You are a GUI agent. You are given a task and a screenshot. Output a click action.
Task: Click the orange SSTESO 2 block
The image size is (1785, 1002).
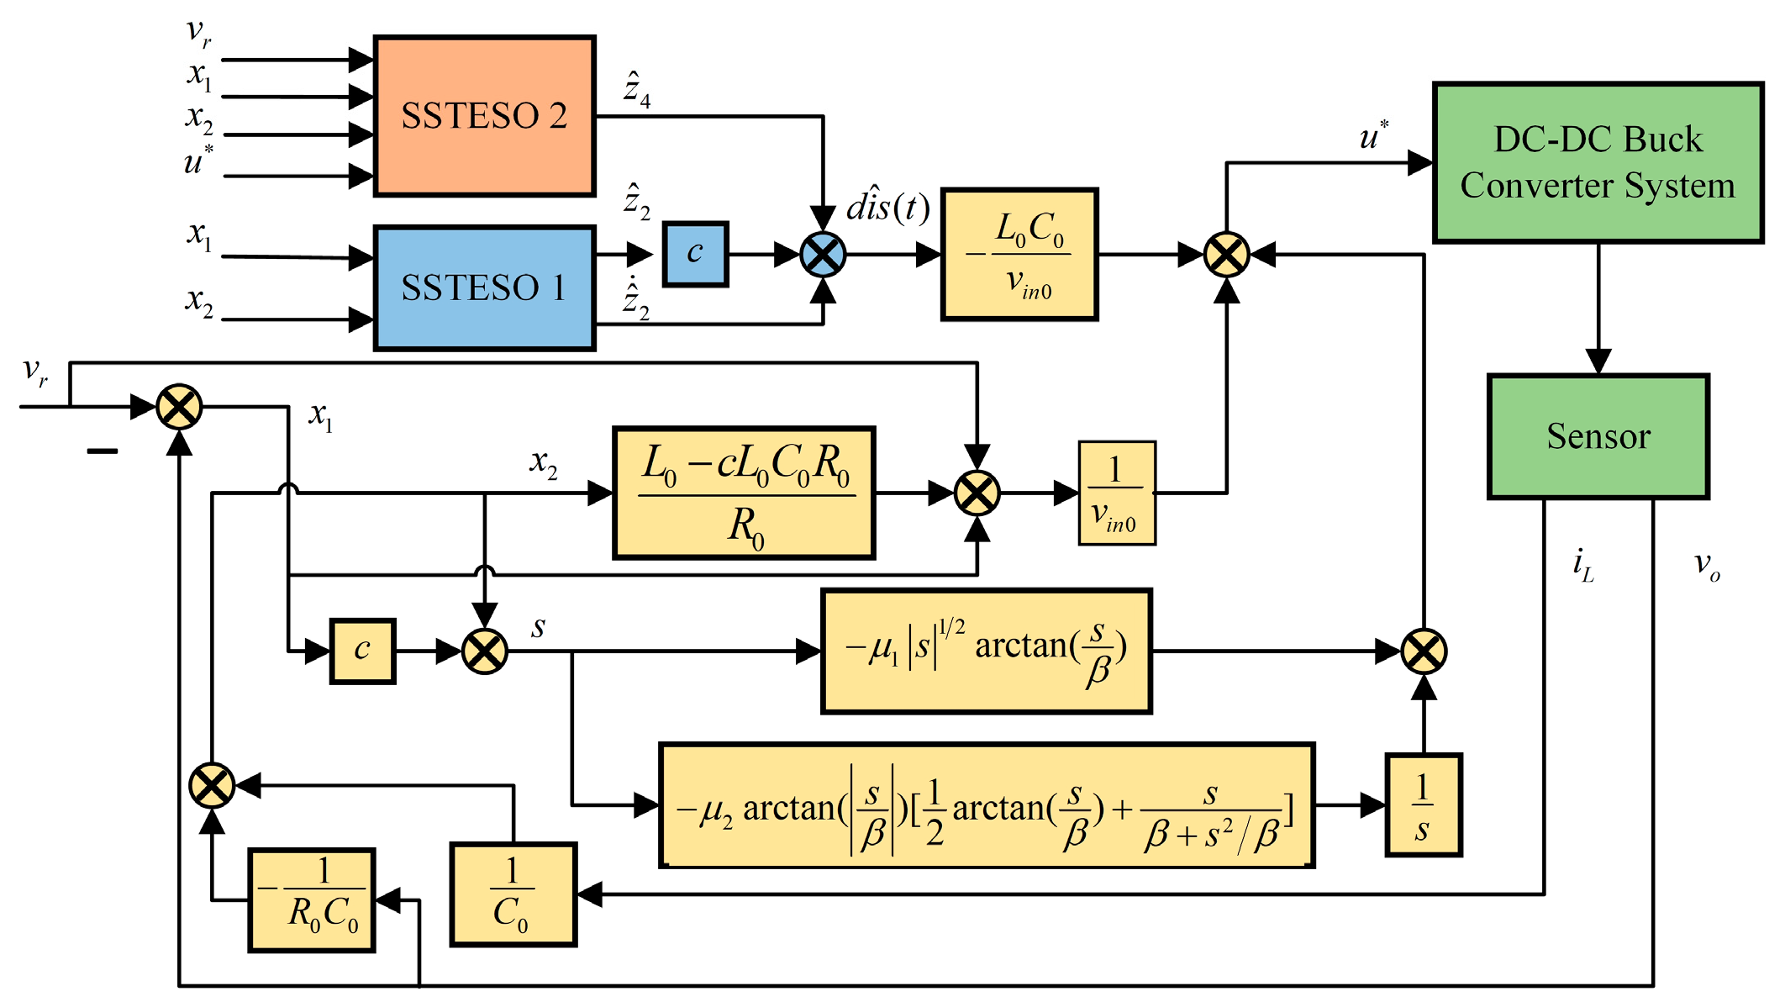tap(484, 116)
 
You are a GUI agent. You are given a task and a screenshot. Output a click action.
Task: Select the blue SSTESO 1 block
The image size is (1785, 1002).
tap(484, 287)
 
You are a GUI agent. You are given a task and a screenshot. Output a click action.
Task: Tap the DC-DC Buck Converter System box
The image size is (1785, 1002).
tap(1598, 162)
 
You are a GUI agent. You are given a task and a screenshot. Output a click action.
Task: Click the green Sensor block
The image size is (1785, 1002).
tap(1598, 436)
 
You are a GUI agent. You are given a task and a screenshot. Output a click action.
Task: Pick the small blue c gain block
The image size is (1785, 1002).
tap(695, 254)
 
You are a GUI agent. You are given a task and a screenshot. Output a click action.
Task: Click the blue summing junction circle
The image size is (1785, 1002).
tap(823, 255)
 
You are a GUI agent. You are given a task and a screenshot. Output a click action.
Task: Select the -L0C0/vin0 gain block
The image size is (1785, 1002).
tap(1019, 255)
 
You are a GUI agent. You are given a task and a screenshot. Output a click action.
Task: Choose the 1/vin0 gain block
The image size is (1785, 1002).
tap(1117, 493)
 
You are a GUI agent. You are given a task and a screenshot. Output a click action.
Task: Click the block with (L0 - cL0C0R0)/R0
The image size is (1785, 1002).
tap(745, 493)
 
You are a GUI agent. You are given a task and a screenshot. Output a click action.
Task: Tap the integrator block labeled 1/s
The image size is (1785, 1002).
tap(1423, 805)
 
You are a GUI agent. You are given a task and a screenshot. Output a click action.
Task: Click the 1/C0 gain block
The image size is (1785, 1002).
tap(513, 894)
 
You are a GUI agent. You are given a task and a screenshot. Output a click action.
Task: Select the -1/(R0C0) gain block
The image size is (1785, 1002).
tap(312, 900)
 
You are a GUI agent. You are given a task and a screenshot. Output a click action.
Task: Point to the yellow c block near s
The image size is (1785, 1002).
tap(362, 651)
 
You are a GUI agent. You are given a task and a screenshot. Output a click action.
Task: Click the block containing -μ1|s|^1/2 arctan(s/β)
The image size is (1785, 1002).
tap(986, 651)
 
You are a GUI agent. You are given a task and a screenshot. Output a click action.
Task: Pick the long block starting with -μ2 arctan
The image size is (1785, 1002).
tap(987, 805)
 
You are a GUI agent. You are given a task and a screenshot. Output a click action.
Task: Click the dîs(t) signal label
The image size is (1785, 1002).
tap(887, 207)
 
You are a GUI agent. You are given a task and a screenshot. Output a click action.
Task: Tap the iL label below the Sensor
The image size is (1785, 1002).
tap(1582, 566)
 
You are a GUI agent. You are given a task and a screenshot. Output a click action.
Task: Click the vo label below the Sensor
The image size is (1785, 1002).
tap(1706, 566)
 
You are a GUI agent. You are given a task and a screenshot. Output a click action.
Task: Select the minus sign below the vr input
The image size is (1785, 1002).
tap(103, 451)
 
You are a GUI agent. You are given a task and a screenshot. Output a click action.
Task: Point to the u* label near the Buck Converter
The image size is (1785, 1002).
tap(1373, 136)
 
